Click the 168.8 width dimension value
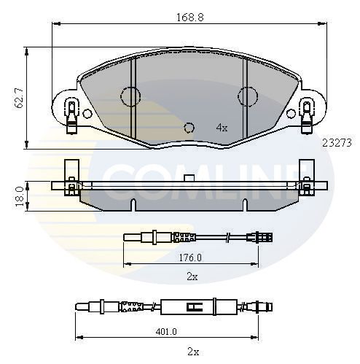coord(189,18)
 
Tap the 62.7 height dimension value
coord(19,98)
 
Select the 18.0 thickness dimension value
coord(19,196)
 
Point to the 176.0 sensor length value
coord(190,257)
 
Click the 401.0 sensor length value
coord(166,331)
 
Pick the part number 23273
coord(337,143)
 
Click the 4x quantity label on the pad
coord(222,128)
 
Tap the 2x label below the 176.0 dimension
coord(192,276)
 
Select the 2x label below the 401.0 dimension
coord(193,352)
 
